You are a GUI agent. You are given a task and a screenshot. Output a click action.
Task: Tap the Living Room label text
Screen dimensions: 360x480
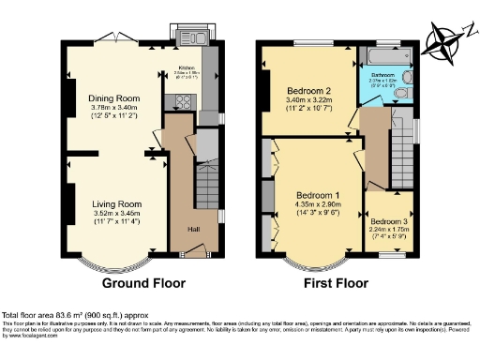116,203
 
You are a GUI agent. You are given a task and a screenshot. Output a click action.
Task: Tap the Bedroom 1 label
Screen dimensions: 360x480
317,194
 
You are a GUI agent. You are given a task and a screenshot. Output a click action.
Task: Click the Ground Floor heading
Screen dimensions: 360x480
142,282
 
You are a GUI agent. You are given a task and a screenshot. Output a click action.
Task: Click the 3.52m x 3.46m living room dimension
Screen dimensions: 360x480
116,214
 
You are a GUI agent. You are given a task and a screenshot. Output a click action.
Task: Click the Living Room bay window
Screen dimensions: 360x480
103,263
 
